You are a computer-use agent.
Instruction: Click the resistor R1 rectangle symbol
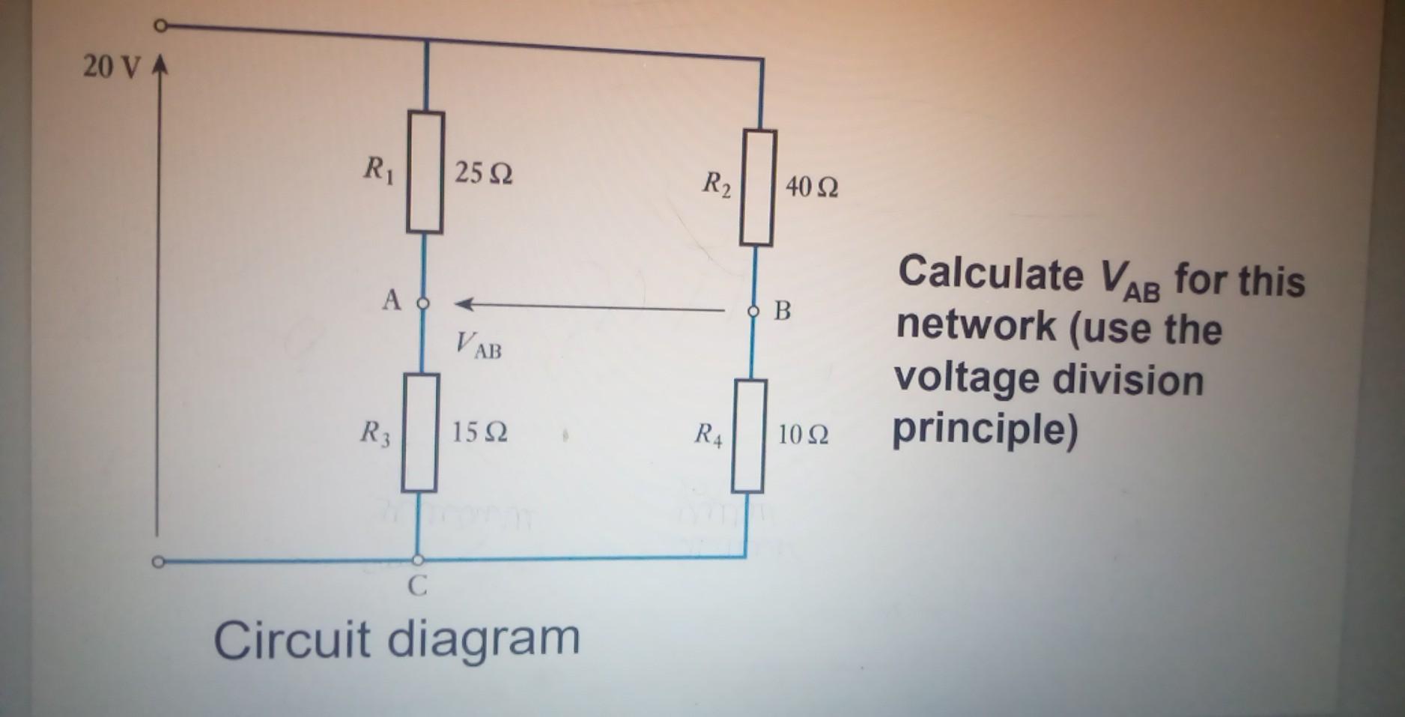pyautogui.click(x=425, y=172)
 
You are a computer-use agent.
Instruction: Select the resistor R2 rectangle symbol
pyautogui.click(x=757, y=187)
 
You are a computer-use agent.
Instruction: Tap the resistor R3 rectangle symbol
pyautogui.click(x=420, y=433)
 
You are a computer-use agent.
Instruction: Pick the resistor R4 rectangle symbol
pyautogui.click(x=749, y=436)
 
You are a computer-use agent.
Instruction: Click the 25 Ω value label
pyautogui.click(x=484, y=174)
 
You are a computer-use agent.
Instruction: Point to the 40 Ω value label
pyautogui.click(x=812, y=187)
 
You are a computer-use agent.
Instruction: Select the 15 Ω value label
pyautogui.click(x=479, y=432)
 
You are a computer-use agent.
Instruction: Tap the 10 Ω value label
pyautogui.click(x=803, y=435)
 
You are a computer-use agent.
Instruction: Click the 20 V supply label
pyautogui.click(x=111, y=67)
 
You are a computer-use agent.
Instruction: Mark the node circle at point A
pyautogui.click(x=423, y=303)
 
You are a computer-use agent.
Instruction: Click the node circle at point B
pyautogui.click(x=753, y=310)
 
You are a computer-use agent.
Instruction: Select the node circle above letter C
pyautogui.click(x=419, y=560)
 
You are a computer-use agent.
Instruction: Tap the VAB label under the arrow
pyautogui.click(x=479, y=346)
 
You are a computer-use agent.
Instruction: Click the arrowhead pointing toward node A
pyautogui.click(x=464, y=304)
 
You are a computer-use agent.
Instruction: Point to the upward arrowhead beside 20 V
pyautogui.click(x=159, y=67)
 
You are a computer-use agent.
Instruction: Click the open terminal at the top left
pyautogui.click(x=160, y=26)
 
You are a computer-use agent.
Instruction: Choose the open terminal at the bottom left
pyautogui.click(x=158, y=561)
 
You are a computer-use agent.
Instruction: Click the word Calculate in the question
pyautogui.click(x=990, y=273)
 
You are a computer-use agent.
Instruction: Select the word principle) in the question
pyautogui.click(x=985, y=429)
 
